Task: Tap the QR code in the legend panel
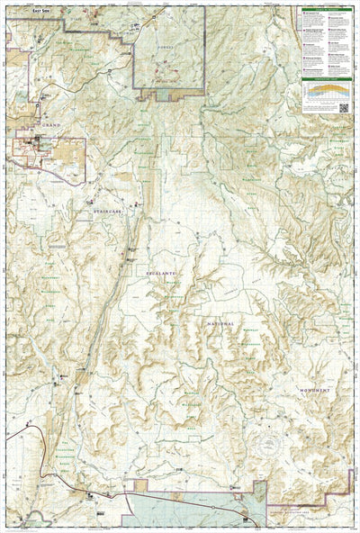[x=344, y=106]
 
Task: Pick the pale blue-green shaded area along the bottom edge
[x=180, y=509]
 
